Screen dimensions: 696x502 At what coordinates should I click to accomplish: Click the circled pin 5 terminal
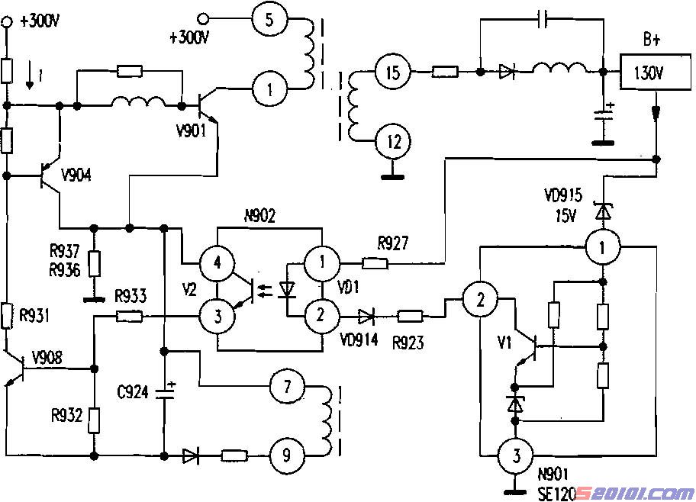click(270, 19)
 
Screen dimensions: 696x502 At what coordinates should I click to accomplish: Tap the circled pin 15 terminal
click(393, 72)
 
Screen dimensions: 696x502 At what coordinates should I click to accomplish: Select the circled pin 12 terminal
click(394, 142)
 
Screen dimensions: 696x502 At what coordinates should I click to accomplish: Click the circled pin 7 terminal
click(287, 387)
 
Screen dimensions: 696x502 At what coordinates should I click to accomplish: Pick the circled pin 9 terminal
click(287, 455)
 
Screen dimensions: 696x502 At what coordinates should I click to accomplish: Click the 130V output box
click(655, 72)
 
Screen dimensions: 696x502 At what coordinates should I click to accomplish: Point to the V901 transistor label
click(192, 130)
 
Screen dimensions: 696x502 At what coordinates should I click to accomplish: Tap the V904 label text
click(76, 175)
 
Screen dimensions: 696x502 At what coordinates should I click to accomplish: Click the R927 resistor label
click(393, 243)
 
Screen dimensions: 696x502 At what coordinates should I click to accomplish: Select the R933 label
click(130, 296)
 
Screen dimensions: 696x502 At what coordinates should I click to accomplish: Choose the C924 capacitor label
click(133, 392)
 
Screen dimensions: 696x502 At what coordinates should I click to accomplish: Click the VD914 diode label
click(359, 340)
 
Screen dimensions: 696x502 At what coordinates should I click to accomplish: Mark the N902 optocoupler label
click(260, 216)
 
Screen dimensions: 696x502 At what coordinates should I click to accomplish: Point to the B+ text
click(652, 40)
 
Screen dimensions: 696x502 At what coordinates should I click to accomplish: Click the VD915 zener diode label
click(563, 195)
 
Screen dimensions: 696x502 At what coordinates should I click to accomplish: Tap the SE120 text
click(557, 493)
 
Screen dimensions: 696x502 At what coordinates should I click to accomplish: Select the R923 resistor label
click(408, 343)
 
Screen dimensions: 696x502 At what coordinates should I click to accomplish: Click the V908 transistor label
click(47, 357)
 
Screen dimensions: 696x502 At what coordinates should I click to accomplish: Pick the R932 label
click(67, 416)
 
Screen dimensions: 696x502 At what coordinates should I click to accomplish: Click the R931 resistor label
click(34, 316)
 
